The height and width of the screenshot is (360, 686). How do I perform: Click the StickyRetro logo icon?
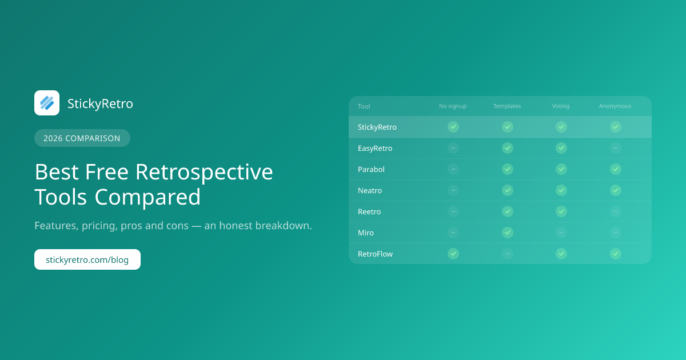tap(47, 103)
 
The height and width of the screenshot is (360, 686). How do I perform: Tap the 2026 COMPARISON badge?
tap(82, 138)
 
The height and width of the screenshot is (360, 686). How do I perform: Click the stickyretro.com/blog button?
tap(87, 259)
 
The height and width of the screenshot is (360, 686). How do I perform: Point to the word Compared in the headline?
tap(147, 197)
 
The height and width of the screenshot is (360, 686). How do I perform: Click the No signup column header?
tap(453, 106)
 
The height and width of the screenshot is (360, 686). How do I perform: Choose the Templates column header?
tap(507, 106)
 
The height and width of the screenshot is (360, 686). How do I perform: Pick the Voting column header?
tap(561, 106)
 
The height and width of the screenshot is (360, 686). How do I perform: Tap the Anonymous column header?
tap(615, 106)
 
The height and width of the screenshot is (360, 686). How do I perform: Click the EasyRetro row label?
tap(375, 148)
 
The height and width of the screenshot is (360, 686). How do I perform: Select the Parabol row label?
tap(371, 169)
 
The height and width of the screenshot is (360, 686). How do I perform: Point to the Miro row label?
tap(366, 233)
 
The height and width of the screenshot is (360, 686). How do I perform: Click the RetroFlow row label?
tap(375, 254)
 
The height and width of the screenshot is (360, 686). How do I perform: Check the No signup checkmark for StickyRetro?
tap(453, 127)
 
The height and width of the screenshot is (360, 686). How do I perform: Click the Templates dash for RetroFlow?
tap(508, 254)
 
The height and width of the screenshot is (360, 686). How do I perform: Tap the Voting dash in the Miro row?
tap(561, 233)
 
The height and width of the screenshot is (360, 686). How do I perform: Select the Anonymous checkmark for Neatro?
tap(616, 190)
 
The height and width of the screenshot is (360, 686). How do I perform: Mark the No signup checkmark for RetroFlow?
tap(453, 254)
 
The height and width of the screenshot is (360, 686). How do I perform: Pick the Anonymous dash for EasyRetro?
tap(616, 148)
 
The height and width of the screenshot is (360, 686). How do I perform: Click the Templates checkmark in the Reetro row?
tap(508, 211)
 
